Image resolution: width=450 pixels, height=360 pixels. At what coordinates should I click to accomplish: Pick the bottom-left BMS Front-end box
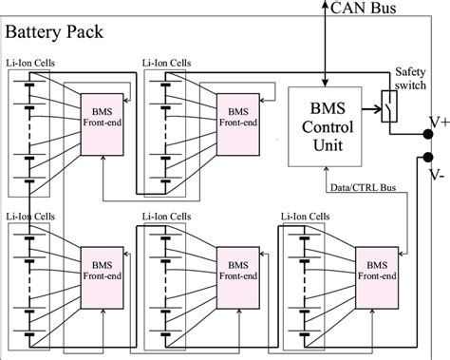(100, 272)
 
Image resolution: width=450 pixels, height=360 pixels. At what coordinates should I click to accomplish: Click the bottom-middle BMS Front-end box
(235, 272)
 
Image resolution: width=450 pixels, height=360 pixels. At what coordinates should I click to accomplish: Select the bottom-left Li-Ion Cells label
(31, 217)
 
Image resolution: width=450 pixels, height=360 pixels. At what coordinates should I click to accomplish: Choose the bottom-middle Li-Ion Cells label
(166, 217)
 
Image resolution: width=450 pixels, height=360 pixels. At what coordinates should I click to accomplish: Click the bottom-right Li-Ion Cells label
(306, 217)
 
